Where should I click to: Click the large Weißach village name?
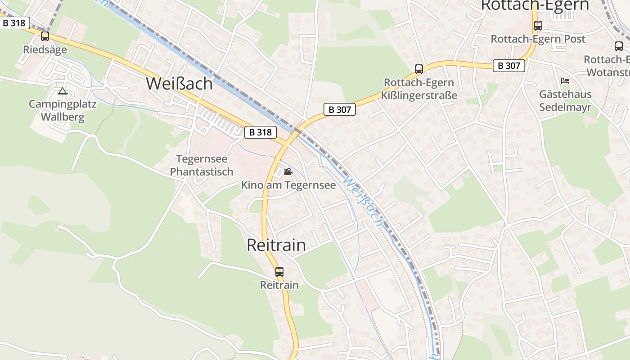click(179, 84)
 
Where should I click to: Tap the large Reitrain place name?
click(276, 245)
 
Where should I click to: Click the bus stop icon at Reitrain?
click(279, 271)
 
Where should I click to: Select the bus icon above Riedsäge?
click(45, 36)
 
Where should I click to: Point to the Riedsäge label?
click(45, 49)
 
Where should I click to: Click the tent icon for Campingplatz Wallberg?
click(63, 91)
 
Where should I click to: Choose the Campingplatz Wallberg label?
click(63, 111)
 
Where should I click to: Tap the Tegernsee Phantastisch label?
click(202, 165)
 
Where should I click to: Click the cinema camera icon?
click(288, 172)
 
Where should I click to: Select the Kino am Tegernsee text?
click(288, 185)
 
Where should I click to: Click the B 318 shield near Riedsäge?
click(14, 23)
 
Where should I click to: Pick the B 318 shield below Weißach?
click(261, 132)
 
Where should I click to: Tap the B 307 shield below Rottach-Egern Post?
click(509, 66)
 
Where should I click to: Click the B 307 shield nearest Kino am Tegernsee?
click(340, 109)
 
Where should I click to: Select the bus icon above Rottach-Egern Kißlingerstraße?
click(419, 69)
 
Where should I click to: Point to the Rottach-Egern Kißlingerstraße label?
click(419, 89)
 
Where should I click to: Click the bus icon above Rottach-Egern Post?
click(538, 26)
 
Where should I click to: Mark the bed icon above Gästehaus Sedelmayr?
click(565, 81)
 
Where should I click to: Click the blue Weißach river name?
click(364, 202)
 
